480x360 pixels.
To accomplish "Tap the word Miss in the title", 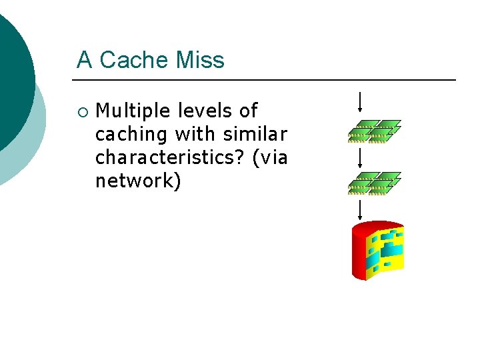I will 200,60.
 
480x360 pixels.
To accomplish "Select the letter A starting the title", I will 84,60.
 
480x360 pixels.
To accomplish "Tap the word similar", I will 257,134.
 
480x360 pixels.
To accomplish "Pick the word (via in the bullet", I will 269,157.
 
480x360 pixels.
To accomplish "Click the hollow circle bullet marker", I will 81,111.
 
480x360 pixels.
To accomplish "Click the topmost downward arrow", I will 360,102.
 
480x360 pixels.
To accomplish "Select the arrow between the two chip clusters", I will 360,157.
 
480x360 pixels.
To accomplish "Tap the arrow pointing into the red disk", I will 360,209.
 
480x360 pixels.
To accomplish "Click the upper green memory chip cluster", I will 374,131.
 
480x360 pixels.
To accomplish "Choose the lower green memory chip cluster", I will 374,183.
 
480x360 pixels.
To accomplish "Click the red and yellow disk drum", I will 378,250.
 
